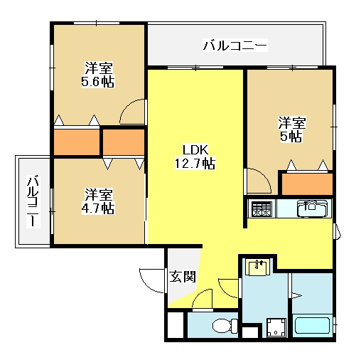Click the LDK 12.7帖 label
pos(195,157)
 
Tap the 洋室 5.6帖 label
pos(98,75)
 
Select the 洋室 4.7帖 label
pos(98,201)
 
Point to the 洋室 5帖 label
pos(292,129)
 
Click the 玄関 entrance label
pos(183,277)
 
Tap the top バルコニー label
pos(235,45)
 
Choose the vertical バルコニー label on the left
pos(33,201)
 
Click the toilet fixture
pos(225,325)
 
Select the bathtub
pos(313,325)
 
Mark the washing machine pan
pos(276,327)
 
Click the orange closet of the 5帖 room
pos(307,184)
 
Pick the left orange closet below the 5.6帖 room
pos(77,142)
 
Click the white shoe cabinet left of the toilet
pos(176,325)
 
